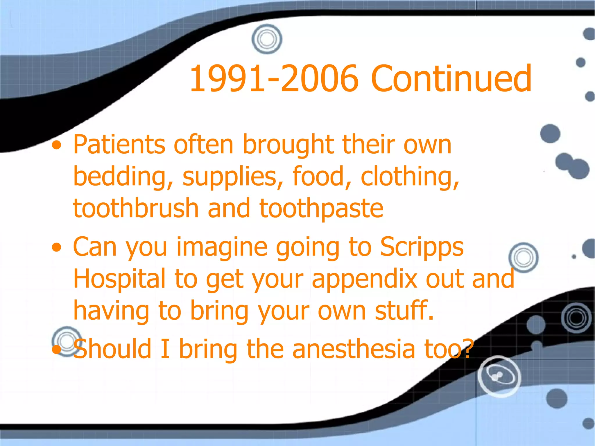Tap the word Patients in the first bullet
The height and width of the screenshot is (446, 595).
[x=119, y=145]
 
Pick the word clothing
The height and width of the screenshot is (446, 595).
[x=410, y=177]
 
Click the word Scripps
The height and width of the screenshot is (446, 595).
[x=422, y=247]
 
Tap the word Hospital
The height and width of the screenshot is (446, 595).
[x=119, y=279]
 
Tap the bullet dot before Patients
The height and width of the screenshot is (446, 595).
[x=57, y=146]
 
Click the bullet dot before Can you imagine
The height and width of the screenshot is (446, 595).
[x=57, y=248]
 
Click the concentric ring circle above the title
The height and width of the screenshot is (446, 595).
[x=267, y=39]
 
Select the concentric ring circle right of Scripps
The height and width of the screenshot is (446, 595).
[x=523, y=258]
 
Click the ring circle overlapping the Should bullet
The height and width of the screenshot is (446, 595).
[x=67, y=341]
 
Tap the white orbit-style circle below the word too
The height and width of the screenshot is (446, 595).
[x=499, y=376]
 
